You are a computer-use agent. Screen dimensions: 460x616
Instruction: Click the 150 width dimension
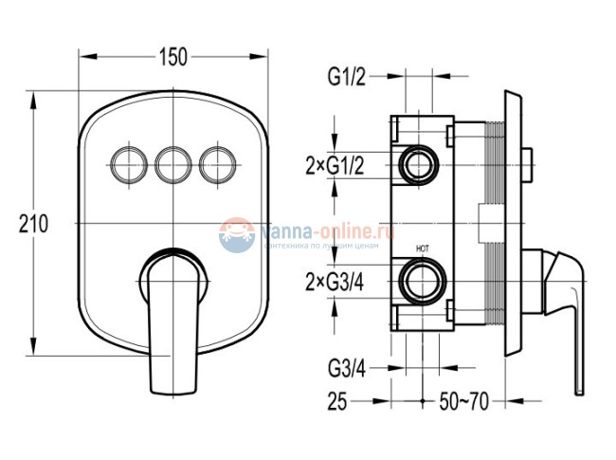172,57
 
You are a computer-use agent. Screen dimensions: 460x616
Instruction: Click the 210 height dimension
31,224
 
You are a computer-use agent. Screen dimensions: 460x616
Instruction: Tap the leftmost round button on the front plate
127,165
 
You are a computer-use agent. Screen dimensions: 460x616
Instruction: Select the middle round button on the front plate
172,165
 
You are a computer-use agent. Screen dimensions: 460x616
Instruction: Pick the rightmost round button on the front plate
218,165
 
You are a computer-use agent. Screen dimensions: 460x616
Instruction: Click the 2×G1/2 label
334,165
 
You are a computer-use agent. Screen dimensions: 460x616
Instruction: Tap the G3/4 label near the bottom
346,366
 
